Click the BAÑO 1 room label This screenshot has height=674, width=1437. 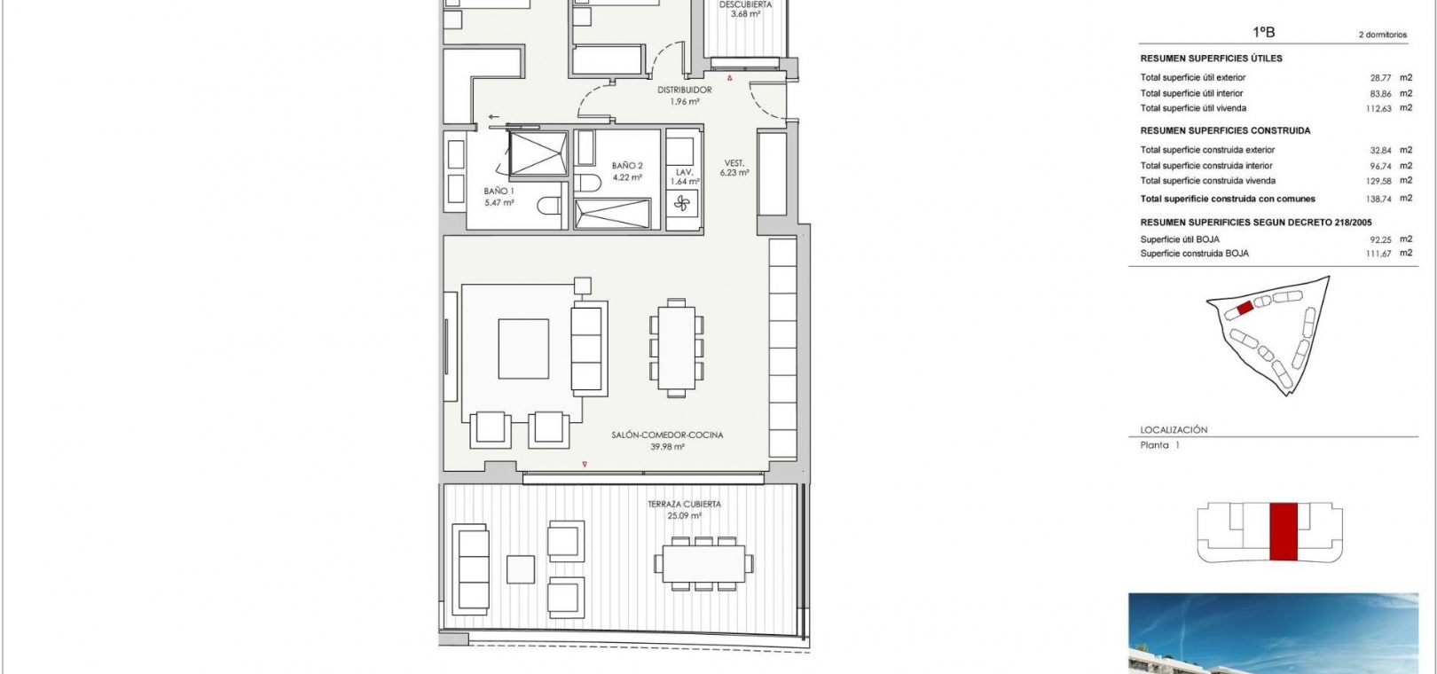click(499, 191)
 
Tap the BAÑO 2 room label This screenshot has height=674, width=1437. click(627, 166)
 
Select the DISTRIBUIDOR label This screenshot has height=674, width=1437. click(685, 90)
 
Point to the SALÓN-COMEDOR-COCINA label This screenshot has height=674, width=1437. click(667, 435)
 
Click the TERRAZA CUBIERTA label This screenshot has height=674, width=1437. click(684, 504)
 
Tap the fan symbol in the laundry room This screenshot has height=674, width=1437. click(682, 204)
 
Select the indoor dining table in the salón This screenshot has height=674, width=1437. click(676, 348)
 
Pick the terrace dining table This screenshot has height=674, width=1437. click(703, 564)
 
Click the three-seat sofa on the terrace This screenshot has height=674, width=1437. click(470, 569)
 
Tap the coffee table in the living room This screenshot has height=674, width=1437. click(523, 349)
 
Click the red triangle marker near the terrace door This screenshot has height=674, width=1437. click(585, 464)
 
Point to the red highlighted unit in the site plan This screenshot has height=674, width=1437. click(1245, 308)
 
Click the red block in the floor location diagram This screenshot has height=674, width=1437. click(1284, 531)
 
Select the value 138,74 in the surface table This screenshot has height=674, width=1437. click(1378, 200)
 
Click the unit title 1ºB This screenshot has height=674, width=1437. click(1264, 32)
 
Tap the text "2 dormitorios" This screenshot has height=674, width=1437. click(1383, 35)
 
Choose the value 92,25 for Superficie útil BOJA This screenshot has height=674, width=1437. click(1380, 239)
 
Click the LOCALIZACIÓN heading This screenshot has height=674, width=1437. click(1174, 429)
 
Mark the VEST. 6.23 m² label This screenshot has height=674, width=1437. click(734, 168)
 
